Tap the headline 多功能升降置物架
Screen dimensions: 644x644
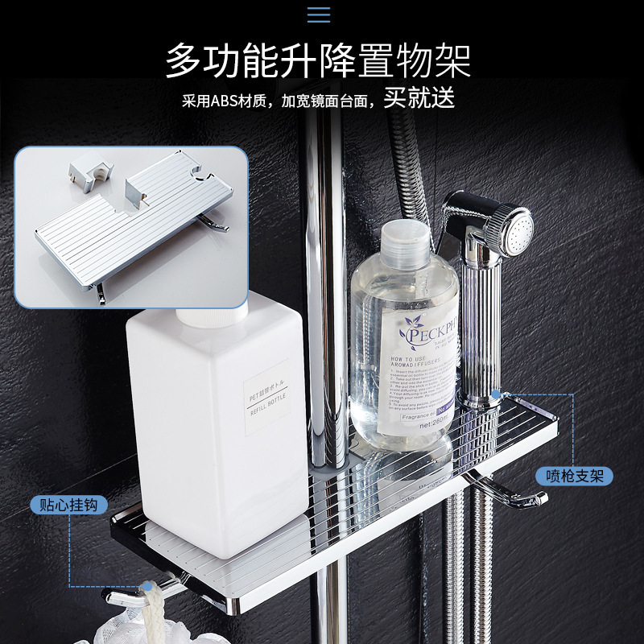(318, 61)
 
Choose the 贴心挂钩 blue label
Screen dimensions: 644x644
(68, 505)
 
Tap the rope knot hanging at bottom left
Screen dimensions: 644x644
(149, 597)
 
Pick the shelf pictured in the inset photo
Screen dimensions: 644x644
(129, 225)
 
